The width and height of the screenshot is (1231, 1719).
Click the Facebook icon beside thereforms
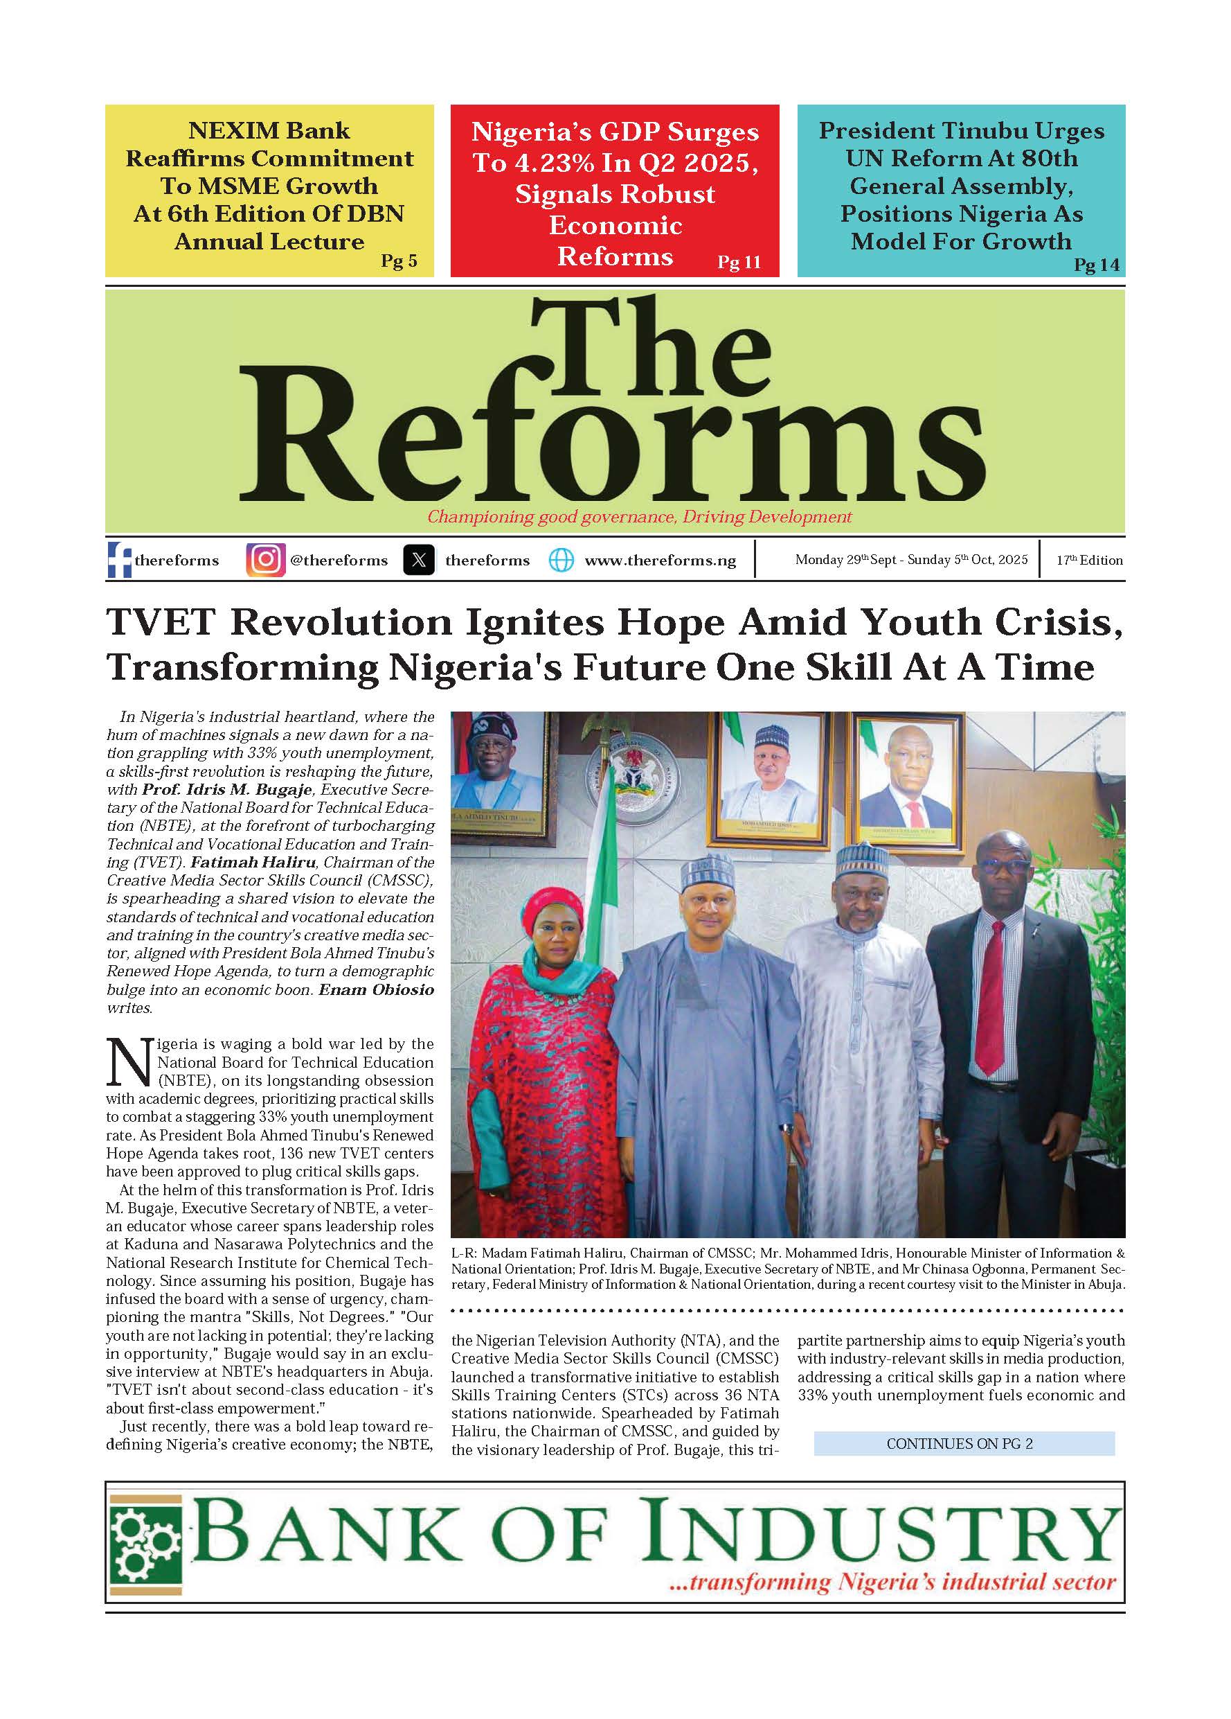(120, 560)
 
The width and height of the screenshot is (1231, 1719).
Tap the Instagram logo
(265, 560)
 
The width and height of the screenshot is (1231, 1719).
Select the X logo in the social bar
(419, 560)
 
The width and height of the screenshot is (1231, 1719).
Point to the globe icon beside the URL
(561, 560)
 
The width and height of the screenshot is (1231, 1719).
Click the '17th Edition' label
(1089, 560)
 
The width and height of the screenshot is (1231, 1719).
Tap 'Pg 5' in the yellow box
(399, 261)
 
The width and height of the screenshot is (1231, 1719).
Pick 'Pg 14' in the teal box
(1096, 265)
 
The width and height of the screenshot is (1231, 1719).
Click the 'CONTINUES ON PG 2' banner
(964, 1444)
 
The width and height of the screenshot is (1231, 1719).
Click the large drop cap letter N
(130, 1064)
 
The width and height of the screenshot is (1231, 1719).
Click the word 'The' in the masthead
(650, 353)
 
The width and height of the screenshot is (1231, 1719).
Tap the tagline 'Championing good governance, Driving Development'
(639, 517)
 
